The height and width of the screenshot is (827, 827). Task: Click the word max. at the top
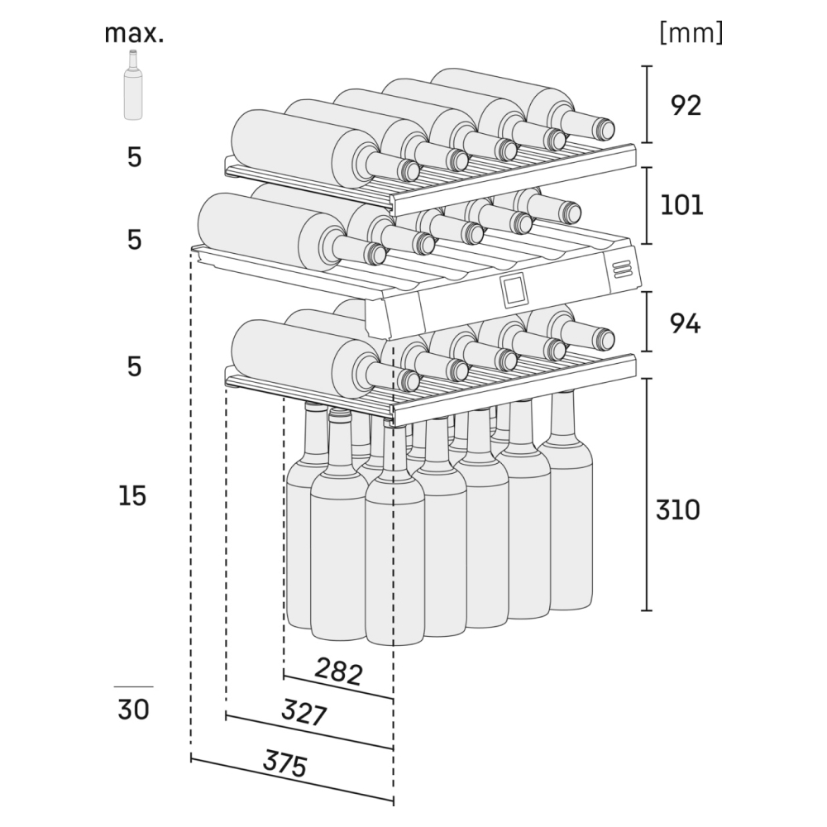point(134,34)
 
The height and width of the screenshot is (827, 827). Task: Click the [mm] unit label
point(691,33)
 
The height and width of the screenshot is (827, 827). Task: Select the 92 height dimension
point(686,105)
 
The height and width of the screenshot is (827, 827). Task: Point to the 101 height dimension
point(681,203)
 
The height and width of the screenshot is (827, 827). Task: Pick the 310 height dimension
point(677,510)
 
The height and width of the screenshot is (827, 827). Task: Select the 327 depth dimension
point(304,713)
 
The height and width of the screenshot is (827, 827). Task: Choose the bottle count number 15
point(132,496)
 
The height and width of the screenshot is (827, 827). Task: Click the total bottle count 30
point(133,710)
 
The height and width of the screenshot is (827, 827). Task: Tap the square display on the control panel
point(514,289)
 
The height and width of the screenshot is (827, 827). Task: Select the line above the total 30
point(133,686)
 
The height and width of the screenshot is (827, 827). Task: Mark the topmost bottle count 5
point(134,157)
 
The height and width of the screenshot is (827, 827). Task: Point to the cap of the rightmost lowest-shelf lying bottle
point(604,337)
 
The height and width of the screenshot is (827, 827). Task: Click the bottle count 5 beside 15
point(134,366)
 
